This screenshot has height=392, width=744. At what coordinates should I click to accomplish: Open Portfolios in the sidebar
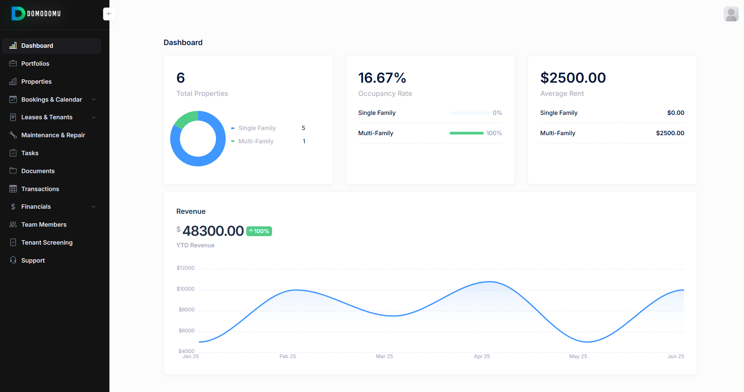(35, 64)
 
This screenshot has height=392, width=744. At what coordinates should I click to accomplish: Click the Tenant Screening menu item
(47, 243)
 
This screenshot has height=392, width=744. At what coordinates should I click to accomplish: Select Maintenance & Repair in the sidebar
(53, 135)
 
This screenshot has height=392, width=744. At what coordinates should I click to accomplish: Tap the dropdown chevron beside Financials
(94, 207)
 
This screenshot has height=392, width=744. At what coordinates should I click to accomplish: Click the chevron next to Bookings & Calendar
(94, 100)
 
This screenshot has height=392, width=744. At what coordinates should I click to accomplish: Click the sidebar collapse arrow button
(109, 14)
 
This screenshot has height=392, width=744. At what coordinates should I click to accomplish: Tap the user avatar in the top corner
(731, 14)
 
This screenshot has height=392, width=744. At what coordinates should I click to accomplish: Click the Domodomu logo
(36, 14)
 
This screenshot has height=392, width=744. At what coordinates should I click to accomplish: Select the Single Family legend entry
(257, 128)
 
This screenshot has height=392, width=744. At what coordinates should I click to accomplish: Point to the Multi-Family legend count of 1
(304, 141)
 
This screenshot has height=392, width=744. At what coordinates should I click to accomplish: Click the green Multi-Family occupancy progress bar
(466, 133)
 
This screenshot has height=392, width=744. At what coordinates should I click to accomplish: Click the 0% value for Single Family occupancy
(497, 113)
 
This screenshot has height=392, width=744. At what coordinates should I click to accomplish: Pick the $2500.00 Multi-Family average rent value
(670, 133)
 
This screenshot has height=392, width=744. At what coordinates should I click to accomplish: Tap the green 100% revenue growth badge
(259, 231)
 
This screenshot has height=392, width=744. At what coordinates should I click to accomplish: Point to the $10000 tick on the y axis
(186, 289)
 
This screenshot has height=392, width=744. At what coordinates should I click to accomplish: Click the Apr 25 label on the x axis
(482, 356)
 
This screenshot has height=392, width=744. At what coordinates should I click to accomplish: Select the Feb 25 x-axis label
(288, 356)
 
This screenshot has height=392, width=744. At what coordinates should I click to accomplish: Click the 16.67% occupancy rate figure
(382, 78)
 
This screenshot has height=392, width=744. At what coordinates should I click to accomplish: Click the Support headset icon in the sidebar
(13, 260)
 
